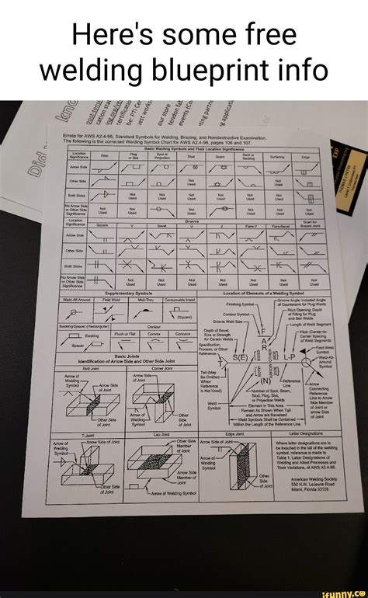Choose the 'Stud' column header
(x=190, y=155)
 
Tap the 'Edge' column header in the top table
(x=307, y=155)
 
